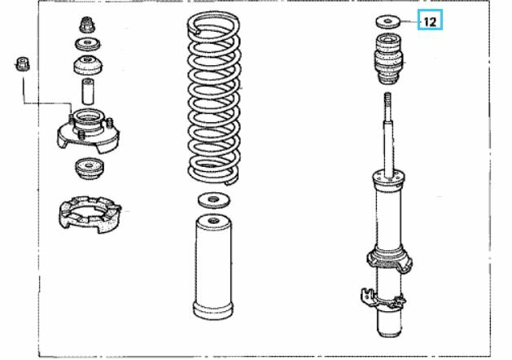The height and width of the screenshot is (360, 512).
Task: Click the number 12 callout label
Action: [430, 22]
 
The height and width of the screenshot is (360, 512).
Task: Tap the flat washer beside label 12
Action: [388, 21]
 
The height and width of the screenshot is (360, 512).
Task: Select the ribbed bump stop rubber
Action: [388, 59]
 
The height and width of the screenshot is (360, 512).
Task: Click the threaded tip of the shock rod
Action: [388, 98]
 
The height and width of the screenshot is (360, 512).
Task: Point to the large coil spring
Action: [214, 98]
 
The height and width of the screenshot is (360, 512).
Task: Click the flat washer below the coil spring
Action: [214, 200]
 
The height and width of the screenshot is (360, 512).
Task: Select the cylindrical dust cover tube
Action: [213, 266]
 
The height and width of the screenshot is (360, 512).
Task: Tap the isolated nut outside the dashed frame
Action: [22, 64]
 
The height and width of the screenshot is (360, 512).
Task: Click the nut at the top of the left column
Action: [88, 24]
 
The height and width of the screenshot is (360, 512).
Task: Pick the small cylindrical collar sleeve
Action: [88, 91]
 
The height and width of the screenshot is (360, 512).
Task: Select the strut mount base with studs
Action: [89, 130]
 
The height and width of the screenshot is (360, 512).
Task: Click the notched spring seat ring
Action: [90, 214]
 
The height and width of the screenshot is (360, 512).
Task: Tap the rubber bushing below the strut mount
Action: [89, 169]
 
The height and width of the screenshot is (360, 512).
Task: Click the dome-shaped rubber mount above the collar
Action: [88, 65]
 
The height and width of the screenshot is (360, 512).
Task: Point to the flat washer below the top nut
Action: [88, 44]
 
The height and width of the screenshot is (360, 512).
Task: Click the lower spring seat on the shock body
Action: [389, 260]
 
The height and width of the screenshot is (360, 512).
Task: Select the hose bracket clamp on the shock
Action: [382, 298]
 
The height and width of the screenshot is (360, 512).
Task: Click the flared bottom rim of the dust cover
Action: [213, 311]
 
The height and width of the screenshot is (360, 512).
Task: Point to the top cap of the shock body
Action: [389, 179]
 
